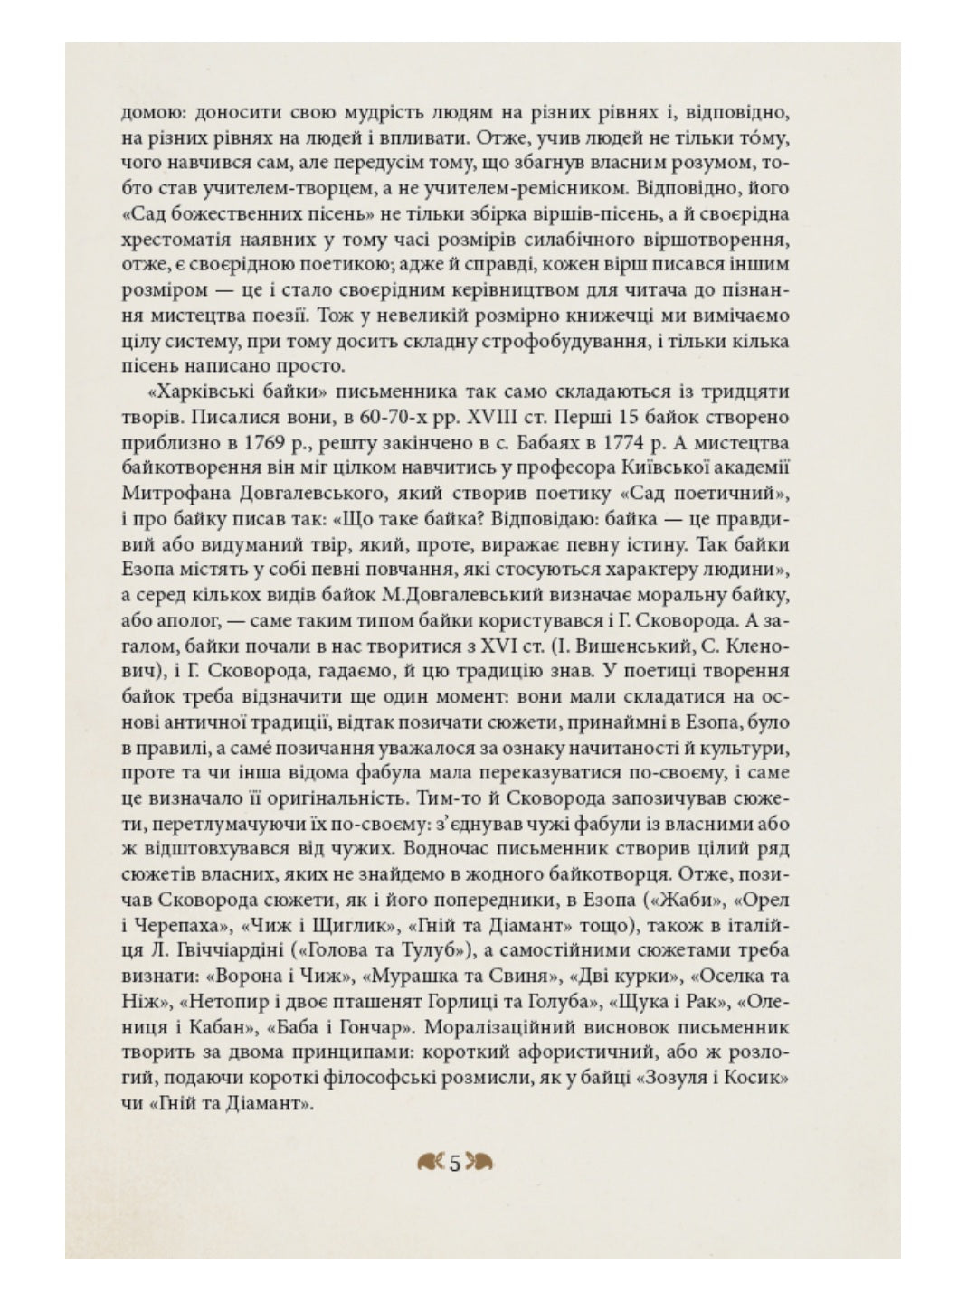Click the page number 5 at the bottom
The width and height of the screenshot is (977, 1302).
[455, 1163]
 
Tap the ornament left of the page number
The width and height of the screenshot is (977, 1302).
[432, 1163]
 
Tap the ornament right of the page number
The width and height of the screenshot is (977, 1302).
[479, 1163]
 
